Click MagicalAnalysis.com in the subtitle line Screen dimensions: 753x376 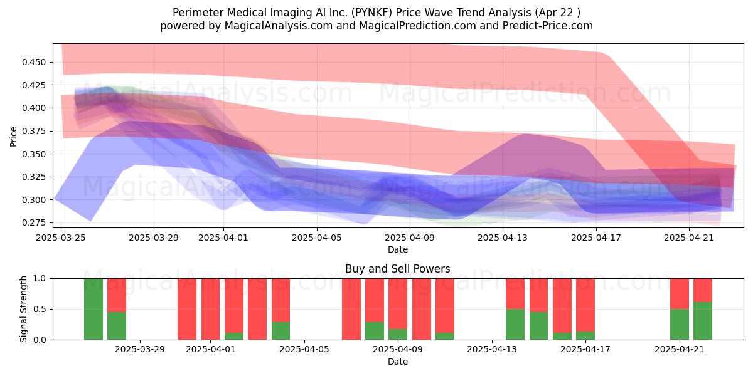tap(279, 26)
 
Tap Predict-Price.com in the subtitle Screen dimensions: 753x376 tap(548, 26)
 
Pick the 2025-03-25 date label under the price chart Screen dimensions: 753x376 tap(61, 238)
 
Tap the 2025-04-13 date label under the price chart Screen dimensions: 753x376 tap(503, 238)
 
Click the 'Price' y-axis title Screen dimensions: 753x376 tap(13, 137)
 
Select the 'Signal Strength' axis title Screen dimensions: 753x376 tap(23, 309)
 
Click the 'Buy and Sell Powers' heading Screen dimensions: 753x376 tap(398, 269)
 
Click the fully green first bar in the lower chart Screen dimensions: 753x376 tap(93, 309)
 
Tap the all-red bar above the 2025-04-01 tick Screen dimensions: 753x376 tap(210, 309)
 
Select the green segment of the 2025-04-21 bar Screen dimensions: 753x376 tap(680, 325)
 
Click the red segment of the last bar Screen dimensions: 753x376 tap(703, 290)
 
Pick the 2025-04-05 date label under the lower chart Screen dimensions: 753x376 tap(304, 350)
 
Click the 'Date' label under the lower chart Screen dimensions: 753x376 tap(398, 362)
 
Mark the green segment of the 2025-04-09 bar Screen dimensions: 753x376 tap(398, 335)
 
